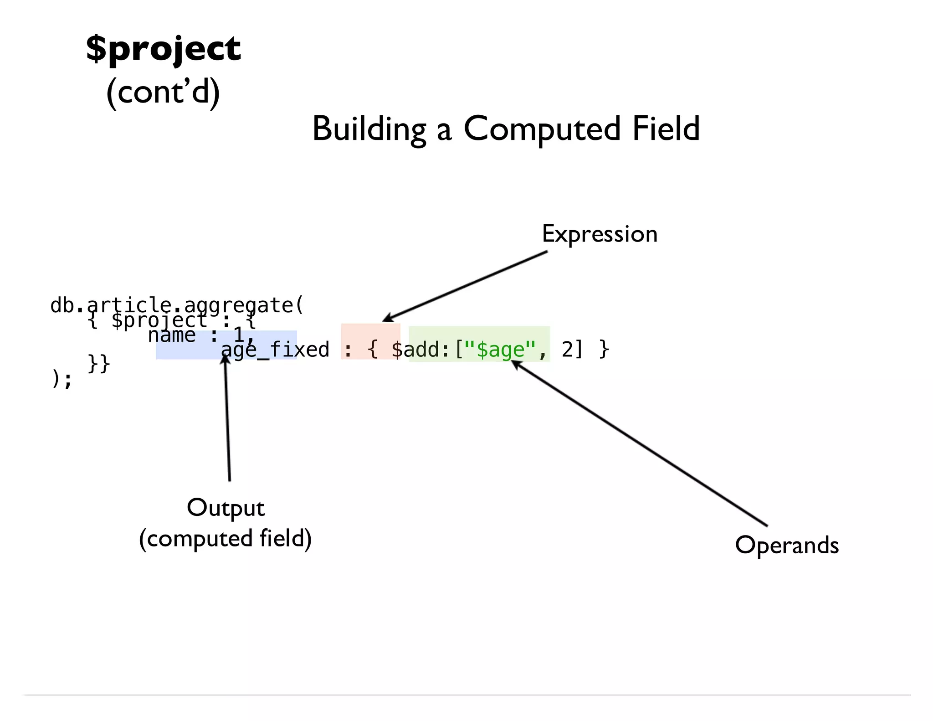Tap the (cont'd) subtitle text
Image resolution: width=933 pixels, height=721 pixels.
click(163, 92)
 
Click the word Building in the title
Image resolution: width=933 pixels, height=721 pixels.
click(369, 129)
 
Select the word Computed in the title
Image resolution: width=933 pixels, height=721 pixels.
click(542, 129)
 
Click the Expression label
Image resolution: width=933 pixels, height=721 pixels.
click(600, 234)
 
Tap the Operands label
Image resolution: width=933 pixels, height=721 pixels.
click(787, 545)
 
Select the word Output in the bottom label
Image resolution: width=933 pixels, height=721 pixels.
click(226, 508)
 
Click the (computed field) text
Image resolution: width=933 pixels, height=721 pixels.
click(226, 539)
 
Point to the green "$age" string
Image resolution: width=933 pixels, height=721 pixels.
click(500, 350)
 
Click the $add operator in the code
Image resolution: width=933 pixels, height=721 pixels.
click(415, 350)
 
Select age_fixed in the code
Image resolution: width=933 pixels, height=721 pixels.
click(275, 350)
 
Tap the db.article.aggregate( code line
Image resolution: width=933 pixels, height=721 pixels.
click(177, 305)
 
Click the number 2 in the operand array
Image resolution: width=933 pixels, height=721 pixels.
click(567, 350)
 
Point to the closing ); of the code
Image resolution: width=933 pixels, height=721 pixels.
click(62, 379)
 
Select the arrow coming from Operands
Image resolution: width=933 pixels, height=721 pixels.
click(638, 442)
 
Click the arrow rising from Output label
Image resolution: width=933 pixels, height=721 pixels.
click(227, 419)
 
